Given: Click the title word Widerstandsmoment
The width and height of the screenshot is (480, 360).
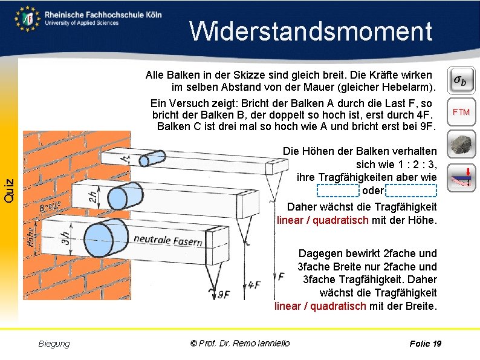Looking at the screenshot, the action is click(311, 31).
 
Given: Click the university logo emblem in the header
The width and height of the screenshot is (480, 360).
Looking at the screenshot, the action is click(28, 18).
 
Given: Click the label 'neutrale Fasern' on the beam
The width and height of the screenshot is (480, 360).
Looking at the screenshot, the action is click(167, 240).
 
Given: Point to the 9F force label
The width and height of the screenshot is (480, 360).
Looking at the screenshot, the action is click(224, 294).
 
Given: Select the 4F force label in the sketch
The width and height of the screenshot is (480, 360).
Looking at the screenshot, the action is click(254, 284).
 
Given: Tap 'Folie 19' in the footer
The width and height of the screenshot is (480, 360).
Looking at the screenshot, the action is click(425, 344).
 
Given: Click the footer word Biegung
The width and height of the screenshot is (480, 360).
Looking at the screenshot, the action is click(54, 344).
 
